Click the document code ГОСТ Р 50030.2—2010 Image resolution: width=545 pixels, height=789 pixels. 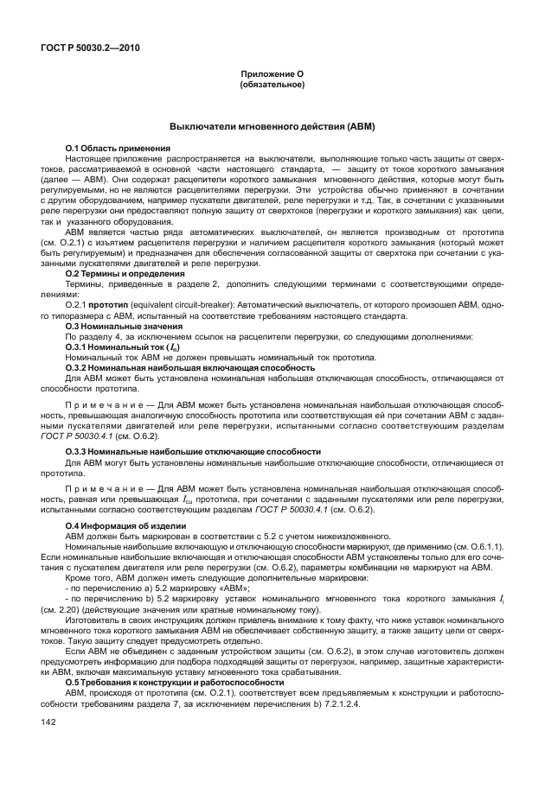(91, 48)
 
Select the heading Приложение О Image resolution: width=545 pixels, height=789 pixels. (272, 75)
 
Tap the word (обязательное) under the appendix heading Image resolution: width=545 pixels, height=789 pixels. (272, 85)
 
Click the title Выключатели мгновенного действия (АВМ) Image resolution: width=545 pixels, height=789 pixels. (272, 126)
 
